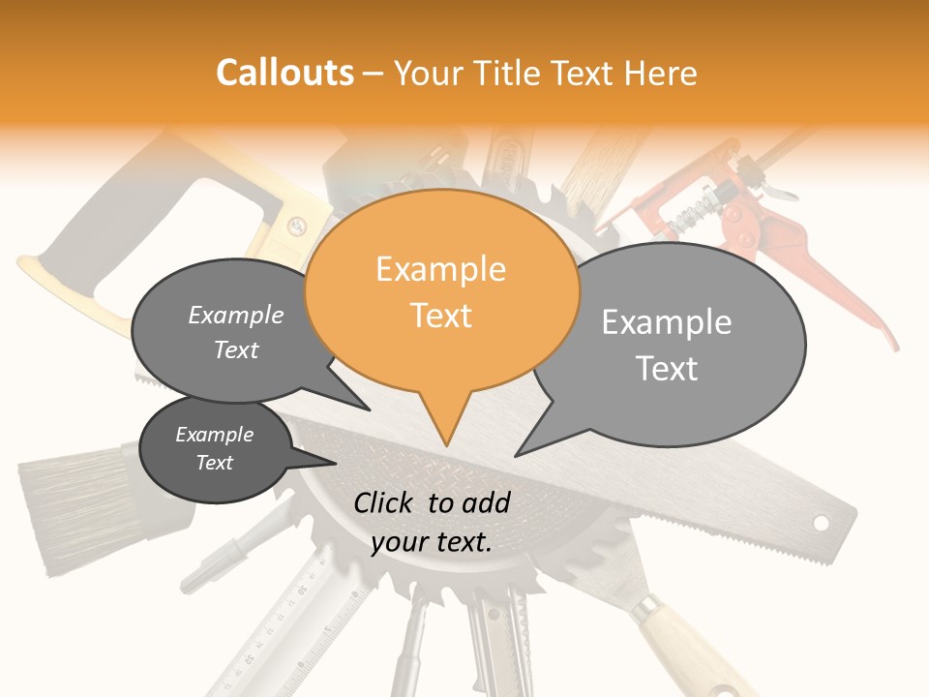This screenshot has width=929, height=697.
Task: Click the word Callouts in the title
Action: tap(285, 73)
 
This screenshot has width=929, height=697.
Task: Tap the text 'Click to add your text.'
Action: tap(432, 523)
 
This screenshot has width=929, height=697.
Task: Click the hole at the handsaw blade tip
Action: tap(821, 523)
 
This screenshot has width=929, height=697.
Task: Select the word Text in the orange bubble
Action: tap(441, 316)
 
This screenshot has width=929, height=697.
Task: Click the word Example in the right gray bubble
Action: tap(666, 322)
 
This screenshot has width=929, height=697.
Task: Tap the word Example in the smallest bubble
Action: tap(214, 435)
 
